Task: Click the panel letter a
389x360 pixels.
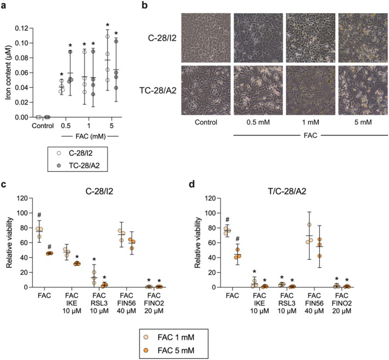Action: [x=4, y=6]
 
